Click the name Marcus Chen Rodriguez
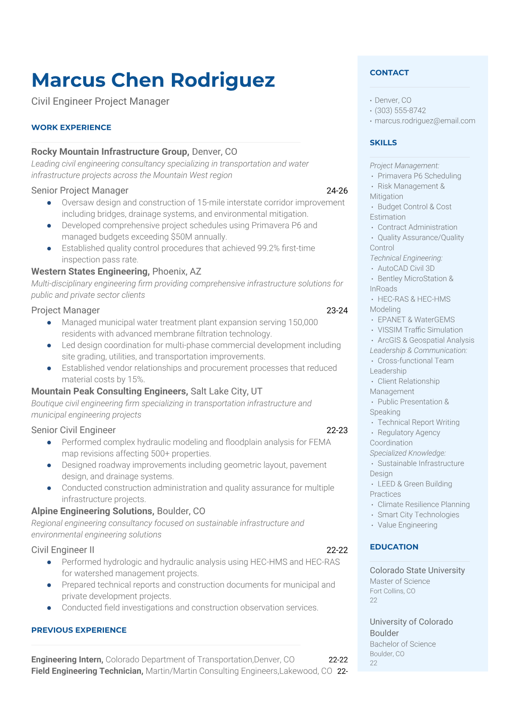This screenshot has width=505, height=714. pos(153,80)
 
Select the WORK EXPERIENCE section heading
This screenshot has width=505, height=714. pos(71,127)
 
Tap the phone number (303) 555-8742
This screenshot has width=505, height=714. pos(400,110)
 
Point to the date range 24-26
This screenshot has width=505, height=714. pos(337,191)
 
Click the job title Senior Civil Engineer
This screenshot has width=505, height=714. pos(73,430)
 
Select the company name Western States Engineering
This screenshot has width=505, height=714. pos(90,272)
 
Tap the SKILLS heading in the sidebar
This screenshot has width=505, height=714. pos(383,143)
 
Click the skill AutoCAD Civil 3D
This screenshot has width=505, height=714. pos(406,268)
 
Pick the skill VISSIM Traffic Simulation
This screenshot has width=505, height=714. pos(420,330)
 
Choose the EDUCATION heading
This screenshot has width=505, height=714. pos(394,547)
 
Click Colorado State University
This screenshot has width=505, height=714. pos(417,570)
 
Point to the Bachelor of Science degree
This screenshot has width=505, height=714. pos(403,644)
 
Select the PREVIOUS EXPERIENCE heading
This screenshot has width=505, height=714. pos(79,630)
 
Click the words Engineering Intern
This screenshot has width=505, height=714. pos(67,660)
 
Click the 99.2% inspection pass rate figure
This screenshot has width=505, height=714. pos(268,248)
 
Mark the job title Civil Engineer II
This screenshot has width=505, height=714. pos(63,550)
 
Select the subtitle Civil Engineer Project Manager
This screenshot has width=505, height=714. pos(100,101)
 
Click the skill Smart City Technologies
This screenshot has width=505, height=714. pos(418,515)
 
